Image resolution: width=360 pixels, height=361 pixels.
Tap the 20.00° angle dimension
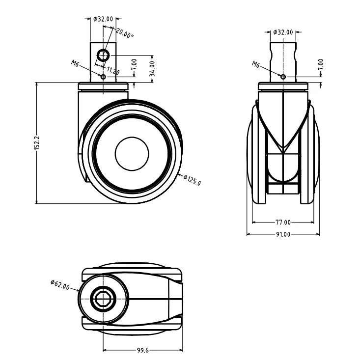coord(125,33)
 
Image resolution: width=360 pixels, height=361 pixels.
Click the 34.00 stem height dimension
coord(152,65)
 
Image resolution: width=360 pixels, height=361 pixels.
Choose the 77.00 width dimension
coord(282,222)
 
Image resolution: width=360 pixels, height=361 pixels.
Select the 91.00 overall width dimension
coord(282,234)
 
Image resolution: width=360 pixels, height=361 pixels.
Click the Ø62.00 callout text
coord(60,285)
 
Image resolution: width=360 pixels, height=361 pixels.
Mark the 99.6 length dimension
coord(143,350)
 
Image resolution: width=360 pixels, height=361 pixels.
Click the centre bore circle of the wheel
coord(132,153)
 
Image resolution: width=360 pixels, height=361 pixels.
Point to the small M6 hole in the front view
coord(282,76)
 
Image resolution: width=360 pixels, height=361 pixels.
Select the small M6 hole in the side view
coord(103,77)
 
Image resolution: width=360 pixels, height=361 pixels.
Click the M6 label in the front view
coord(256,64)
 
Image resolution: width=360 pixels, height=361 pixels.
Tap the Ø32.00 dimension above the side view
coord(103,19)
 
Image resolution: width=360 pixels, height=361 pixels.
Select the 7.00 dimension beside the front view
coord(321,64)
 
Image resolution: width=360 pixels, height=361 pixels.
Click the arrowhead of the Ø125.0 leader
coord(178,174)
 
